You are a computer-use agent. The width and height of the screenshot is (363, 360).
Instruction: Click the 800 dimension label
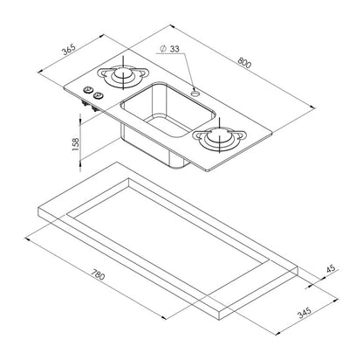coord(244,62)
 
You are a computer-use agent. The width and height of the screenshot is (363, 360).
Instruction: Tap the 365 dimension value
coord(69,49)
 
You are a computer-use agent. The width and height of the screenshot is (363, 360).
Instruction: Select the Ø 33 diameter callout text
coord(170,49)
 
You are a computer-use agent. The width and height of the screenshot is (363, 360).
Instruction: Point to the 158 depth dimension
coord(76,144)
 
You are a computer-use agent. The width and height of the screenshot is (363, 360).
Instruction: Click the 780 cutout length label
coord(98,274)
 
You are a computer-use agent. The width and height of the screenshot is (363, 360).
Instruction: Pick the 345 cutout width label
coord(305,312)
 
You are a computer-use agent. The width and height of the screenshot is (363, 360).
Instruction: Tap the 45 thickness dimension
coord(331,268)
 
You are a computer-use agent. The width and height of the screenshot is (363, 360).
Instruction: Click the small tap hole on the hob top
coord(195,93)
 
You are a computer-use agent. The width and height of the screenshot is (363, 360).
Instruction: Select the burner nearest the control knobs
coord(123,75)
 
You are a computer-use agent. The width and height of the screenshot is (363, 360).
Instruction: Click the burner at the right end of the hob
coord(220,138)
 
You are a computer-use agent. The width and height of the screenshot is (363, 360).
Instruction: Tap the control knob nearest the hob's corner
coord(87,90)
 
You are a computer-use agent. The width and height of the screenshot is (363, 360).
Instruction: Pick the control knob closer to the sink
coord(98,95)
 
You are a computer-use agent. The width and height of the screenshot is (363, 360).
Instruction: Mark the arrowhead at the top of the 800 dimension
coord(172,26)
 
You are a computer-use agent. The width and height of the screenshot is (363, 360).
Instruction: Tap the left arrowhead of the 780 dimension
coord(27,239)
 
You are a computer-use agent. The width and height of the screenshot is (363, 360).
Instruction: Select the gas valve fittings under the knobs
coord(89,106)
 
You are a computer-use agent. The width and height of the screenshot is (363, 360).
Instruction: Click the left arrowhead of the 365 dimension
coord(40,71)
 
